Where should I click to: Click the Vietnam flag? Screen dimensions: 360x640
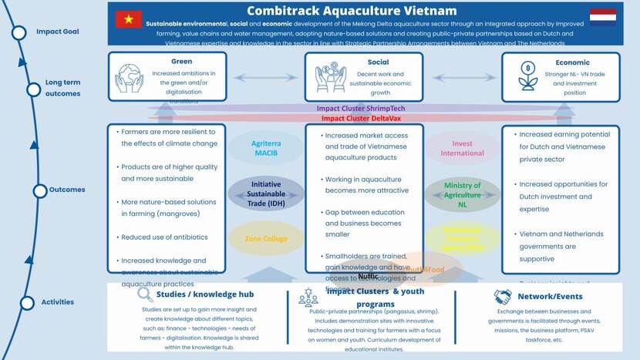click(x=128, y=19)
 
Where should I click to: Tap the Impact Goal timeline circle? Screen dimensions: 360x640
click(x=20, y=32)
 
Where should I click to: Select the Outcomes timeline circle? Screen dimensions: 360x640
click(x=41, y=190)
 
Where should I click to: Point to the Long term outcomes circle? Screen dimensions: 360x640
click(x=33, y=89)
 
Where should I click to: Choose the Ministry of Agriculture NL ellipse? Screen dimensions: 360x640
click(x=463, y=190)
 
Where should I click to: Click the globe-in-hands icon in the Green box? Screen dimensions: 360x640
click(x=129, y=78)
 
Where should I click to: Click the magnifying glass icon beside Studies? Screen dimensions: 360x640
click(x=144, y=294)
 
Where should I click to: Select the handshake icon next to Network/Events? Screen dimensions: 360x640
click(x=503, y=297)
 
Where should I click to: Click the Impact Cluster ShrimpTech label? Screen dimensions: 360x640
click(x=360, y=109)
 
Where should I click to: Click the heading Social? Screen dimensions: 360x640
click(x=378, y=62)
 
